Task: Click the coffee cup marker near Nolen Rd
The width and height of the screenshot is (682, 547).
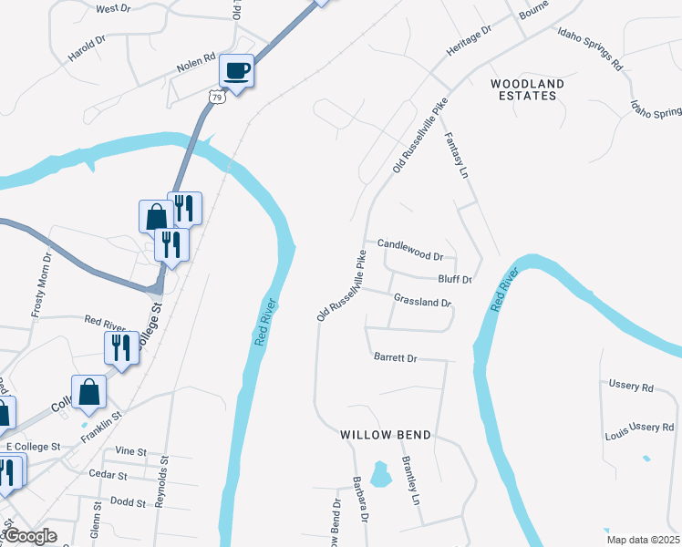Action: (237, 70)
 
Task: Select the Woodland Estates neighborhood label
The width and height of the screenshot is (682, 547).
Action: (528, 89)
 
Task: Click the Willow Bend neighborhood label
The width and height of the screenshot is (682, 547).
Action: (386, 436)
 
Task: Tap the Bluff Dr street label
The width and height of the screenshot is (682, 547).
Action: (454, 279)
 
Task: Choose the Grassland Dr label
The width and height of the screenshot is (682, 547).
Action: (422, 301)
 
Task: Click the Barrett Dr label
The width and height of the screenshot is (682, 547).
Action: (395, 358)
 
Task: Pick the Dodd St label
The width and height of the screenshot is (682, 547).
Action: (121, 501)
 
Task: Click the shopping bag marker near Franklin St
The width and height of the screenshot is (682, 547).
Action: (89, 392)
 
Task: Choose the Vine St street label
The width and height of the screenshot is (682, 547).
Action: (131, 451)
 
